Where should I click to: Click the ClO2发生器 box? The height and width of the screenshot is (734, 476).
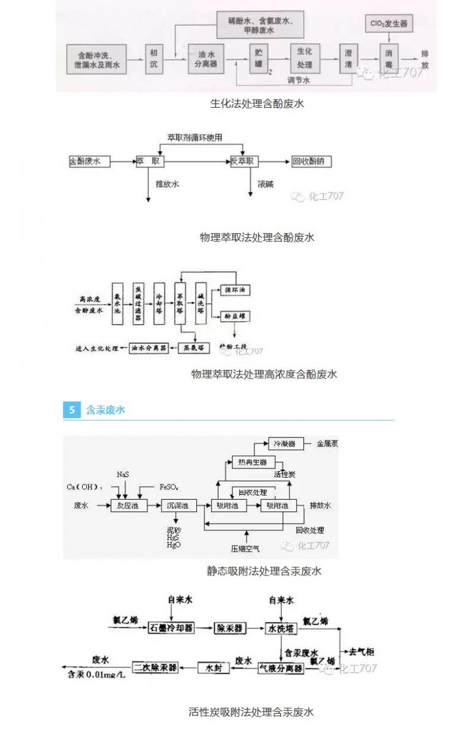click(x=389, y=24)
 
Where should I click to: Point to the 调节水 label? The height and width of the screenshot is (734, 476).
click(x=299, y=80)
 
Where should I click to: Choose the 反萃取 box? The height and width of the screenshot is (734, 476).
click(x=244, y=161)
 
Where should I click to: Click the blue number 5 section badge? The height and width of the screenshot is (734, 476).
click(x=72, y=410)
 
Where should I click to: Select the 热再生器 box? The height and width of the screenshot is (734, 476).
click(x=253, y=462)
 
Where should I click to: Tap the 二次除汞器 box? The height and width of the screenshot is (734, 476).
click(x=156, y=668)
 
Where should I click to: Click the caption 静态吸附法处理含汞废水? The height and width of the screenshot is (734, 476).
click(x=264, y=571)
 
